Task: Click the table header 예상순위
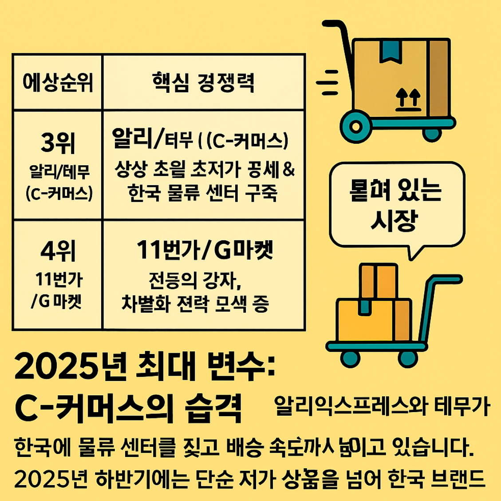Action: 58,83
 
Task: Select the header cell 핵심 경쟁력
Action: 203,83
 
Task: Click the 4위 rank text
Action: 58,251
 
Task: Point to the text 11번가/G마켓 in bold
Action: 204,250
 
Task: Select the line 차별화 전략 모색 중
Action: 195,304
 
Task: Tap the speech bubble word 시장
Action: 394,220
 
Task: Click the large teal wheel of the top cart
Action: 355,127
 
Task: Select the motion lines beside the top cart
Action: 327,82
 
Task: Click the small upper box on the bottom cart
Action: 378,281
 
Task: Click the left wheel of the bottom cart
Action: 350,357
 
